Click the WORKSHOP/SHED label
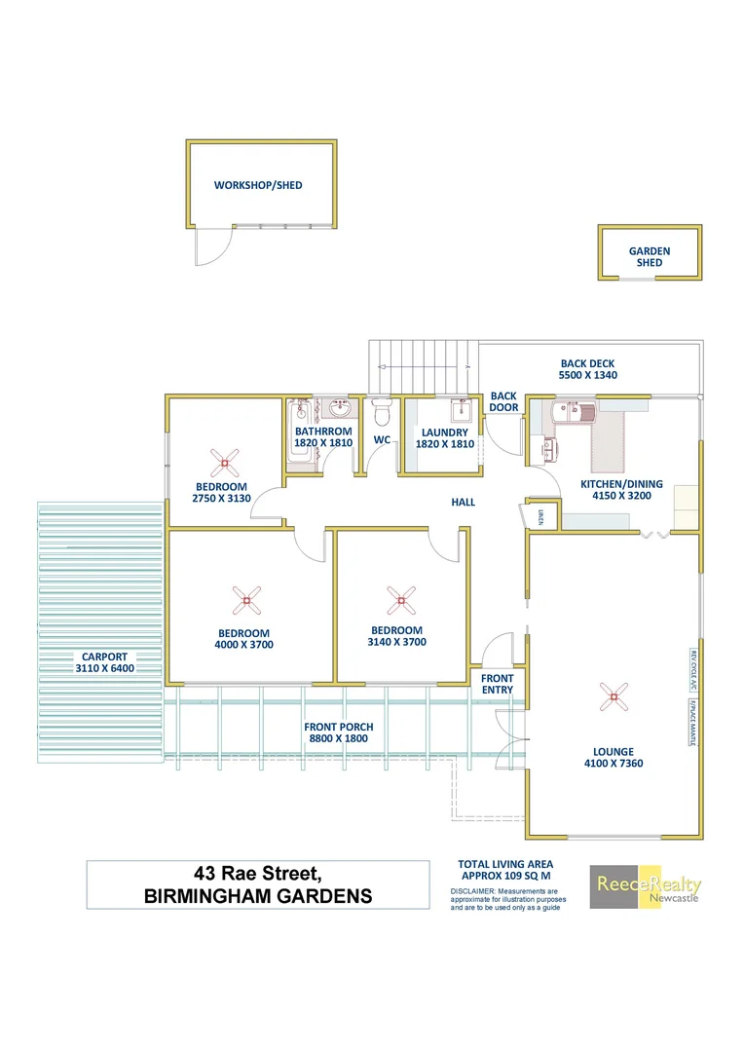[258, 185]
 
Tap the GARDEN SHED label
[650, 257]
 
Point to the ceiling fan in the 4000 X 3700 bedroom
[245, 601]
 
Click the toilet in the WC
[382, 414]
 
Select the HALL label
[463, 502]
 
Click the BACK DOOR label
[503, 402]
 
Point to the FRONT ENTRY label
[497, 684]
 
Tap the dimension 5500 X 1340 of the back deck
[588, 375]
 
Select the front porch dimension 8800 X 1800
[338, 739]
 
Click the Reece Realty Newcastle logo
[646, 886]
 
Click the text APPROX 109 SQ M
[505, 876]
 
